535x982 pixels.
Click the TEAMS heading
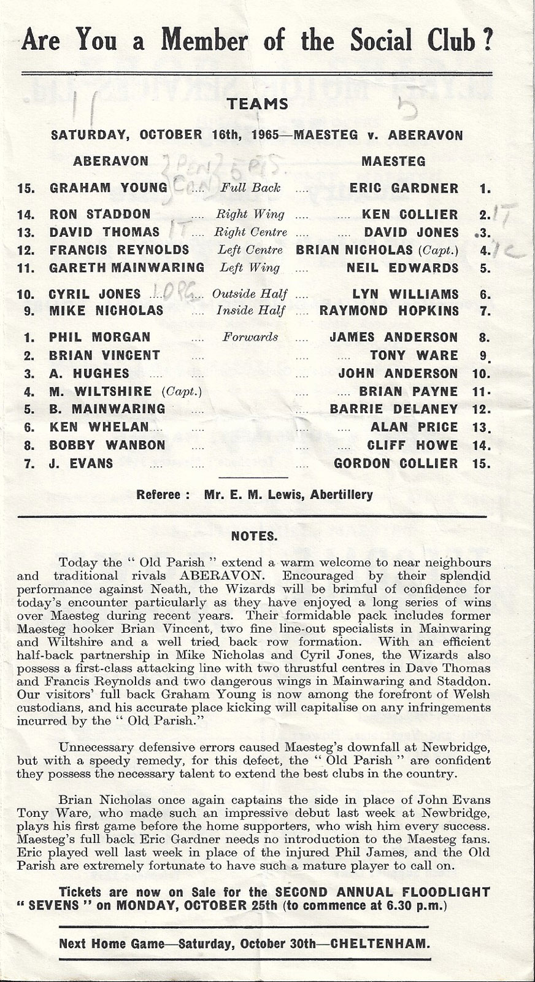click(x=258, y=104)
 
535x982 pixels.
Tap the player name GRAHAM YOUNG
click(x=108, y=188)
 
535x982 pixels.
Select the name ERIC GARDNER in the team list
click(x=404, y=188)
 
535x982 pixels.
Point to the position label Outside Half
click(x=250, y=294)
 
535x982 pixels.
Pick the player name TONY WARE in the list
click(x=414, y=355)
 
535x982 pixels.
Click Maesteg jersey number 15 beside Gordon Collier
click(x=482, y=463)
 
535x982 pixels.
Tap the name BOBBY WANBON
click(x=107, y=445)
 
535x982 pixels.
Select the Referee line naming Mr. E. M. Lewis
click(x=255, y=494)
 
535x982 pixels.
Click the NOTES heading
click(x=254, y=536)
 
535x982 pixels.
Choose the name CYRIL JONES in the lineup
click(x=94, y=294)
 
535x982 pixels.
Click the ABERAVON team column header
click(x=110, y=161)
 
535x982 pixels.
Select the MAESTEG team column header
click(x=393, y=161)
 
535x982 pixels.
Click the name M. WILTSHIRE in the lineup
click(x=101, y=392)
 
